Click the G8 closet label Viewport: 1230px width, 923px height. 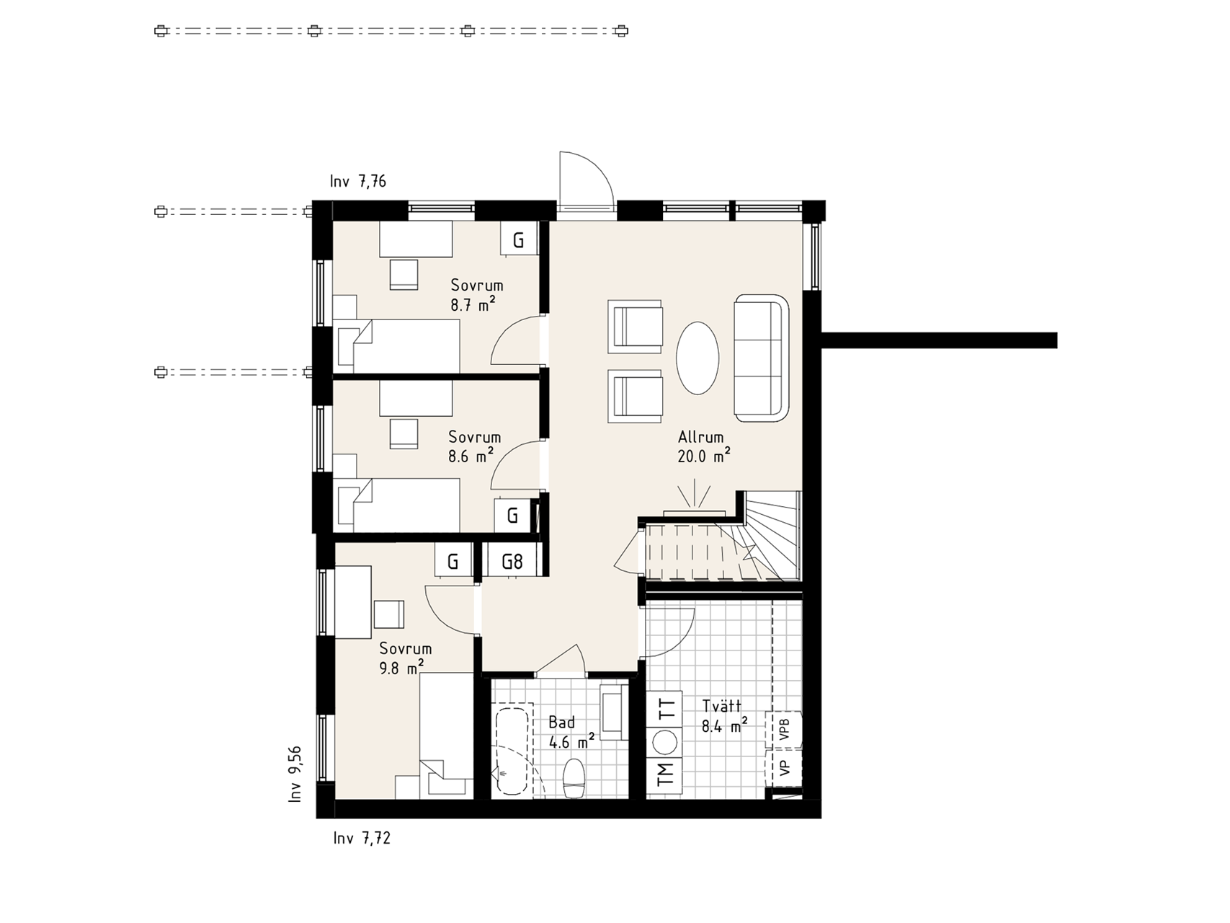[512, 561]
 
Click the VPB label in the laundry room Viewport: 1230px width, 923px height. [785, 730]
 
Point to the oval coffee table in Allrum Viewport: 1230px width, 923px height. [698, 358]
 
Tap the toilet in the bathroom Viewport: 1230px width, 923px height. [574, 778]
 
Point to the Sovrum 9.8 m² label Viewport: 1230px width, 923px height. [404, 658]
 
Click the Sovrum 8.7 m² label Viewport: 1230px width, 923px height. [476, 295]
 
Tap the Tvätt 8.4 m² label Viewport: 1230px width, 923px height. [723, 716]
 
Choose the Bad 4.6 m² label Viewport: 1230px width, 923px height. [571, 732]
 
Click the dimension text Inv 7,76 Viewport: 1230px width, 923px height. [358, 181]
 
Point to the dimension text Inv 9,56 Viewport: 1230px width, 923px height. [295, 774]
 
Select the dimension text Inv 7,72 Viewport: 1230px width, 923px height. [362, 838]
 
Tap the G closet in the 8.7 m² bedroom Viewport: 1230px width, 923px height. [519, 239]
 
